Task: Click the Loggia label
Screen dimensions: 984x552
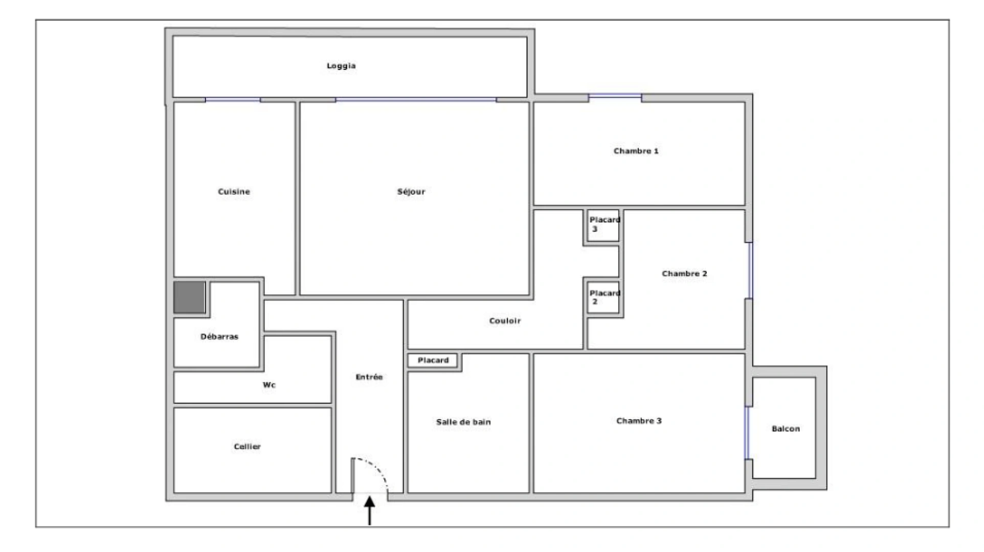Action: [341, 66]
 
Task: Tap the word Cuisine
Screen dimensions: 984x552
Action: [234, 192]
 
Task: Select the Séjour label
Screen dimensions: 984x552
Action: [411, 192]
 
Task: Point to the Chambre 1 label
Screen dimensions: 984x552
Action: [636, 151]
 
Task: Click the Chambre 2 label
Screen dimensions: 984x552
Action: [684, 273]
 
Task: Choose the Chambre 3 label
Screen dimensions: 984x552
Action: [639, 421]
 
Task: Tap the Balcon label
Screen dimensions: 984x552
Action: [786, 429]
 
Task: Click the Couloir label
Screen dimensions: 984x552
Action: [505, 321]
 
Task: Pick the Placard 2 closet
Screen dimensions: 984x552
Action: [603, 297]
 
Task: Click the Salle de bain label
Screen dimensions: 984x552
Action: [463, 422]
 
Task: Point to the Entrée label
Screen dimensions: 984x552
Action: [369, 377]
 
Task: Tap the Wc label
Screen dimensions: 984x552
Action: [269, 385]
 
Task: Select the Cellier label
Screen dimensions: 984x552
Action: [247, 447]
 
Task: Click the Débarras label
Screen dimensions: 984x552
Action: [219, 336]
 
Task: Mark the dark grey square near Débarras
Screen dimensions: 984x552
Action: [189, 297]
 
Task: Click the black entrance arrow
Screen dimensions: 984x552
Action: [369, 511]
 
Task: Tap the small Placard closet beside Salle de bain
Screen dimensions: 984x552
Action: [433, 360]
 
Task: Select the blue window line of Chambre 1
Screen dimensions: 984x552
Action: [615, 96]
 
